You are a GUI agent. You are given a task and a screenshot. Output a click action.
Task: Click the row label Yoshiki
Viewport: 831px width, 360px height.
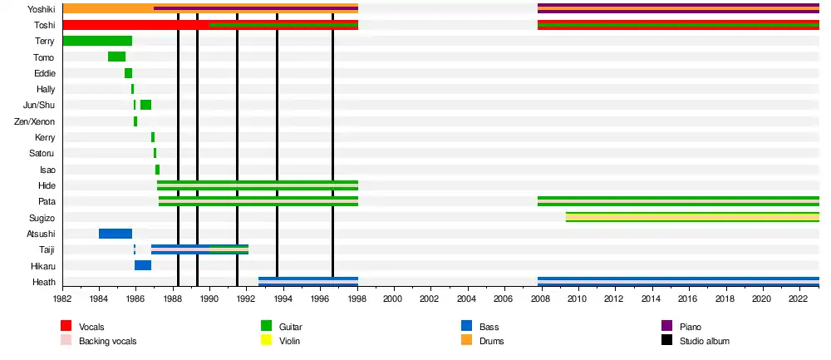click(x=41, y=9)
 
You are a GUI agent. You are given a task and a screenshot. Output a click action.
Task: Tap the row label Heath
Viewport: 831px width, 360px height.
click(x=43, y=283)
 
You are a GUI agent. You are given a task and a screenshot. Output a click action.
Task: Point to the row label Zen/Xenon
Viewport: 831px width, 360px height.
click(x=35, y=121)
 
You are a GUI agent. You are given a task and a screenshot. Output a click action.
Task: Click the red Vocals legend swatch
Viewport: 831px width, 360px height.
click(x=66, y=328)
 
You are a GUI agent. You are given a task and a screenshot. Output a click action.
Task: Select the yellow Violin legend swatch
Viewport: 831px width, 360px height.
click(x=267, y=341)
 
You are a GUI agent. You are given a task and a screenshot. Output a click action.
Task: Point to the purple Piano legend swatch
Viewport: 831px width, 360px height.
click(x=666, y=328)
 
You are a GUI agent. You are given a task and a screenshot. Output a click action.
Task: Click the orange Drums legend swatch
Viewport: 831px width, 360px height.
click(x=466, y=341)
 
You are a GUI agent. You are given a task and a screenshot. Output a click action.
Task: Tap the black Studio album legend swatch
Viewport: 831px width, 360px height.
click(x=666, y=341)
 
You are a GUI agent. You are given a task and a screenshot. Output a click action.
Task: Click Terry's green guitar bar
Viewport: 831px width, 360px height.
click(x=97, y=41)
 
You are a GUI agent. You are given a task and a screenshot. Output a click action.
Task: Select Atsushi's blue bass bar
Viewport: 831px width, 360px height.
click(x=116, y=234)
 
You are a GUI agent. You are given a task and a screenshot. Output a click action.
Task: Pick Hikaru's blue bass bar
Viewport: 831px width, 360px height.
click(x=143, y=265)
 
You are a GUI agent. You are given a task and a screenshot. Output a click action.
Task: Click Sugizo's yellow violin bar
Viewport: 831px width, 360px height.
click(x=692, y=217)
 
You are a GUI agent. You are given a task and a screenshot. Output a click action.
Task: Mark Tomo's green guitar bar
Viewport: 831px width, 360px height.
click(x=116, y=57)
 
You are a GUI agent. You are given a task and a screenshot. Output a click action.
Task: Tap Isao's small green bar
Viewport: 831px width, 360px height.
click(x=157, y=170)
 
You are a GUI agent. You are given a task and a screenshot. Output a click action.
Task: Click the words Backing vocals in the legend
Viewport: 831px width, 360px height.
click(x=107, y=341)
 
